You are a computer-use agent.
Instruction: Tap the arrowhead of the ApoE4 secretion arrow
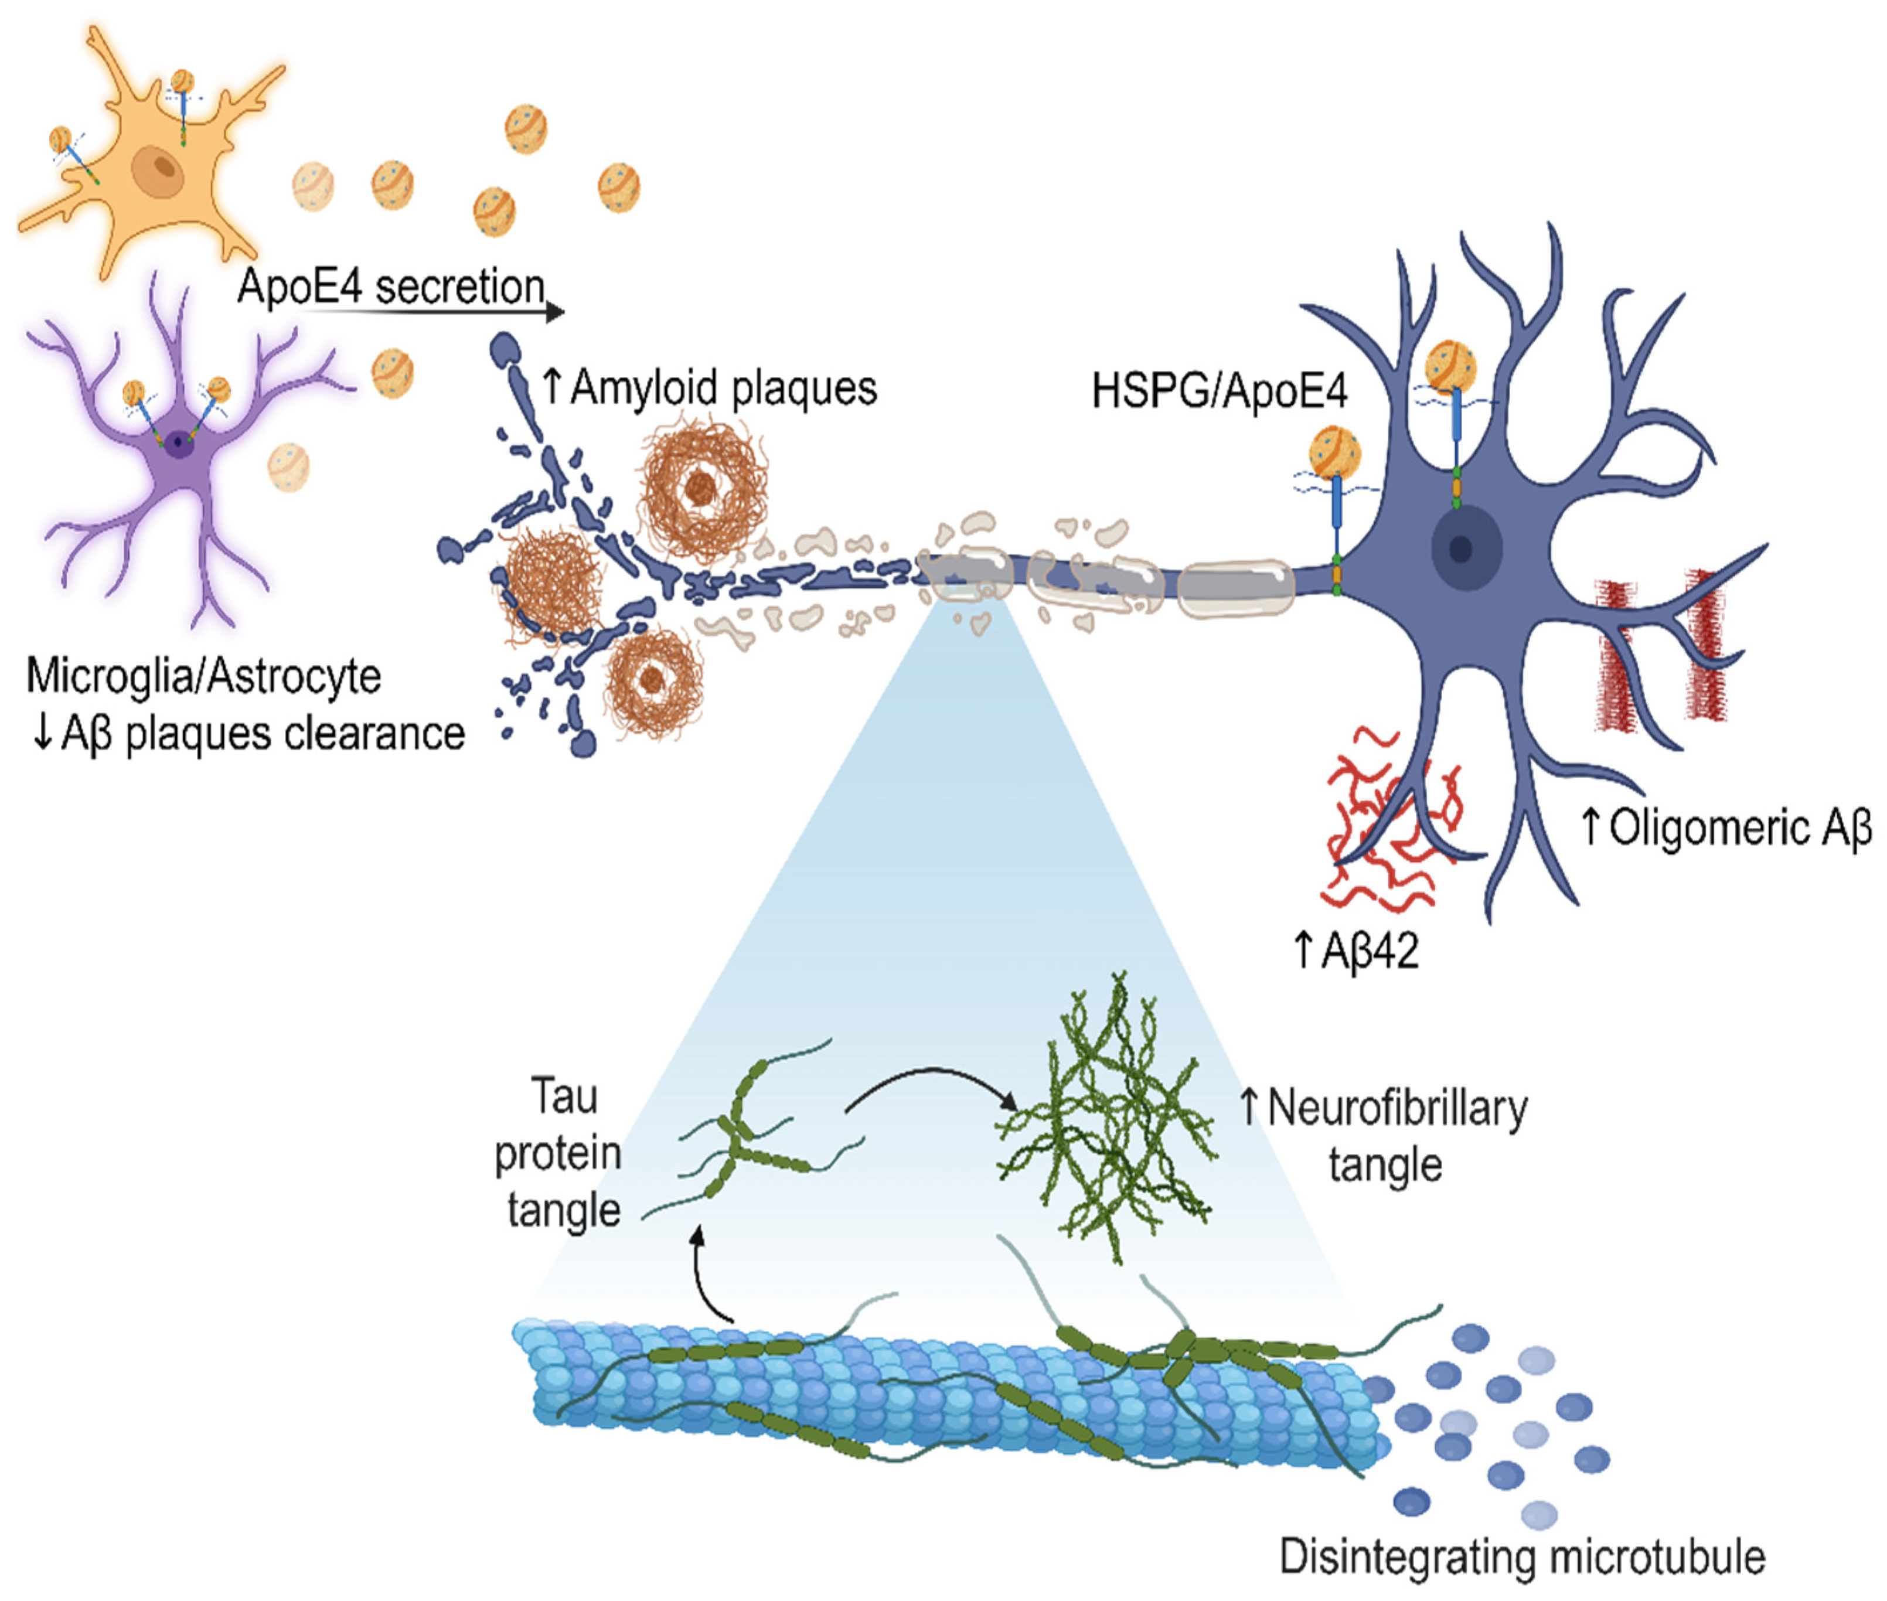click(x=556, y=312)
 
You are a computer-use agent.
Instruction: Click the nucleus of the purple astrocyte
click(x=180, y=444)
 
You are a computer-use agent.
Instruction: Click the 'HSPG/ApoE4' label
click(x=1218, y=391)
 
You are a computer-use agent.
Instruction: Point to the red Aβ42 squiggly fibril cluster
click(x=1384, y=822)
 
